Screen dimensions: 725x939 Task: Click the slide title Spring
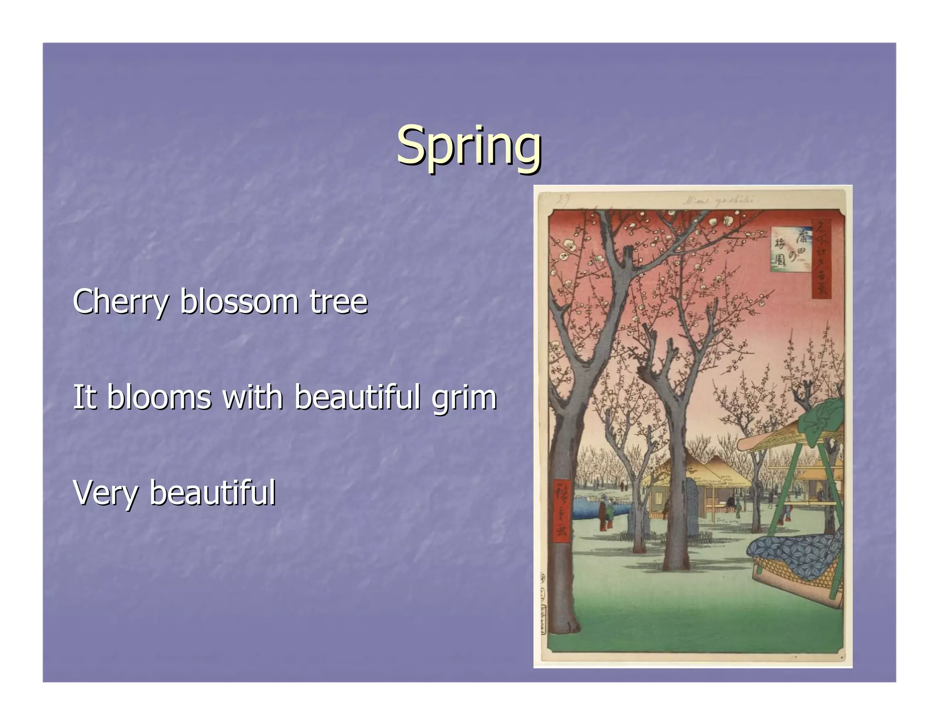coord(469,146)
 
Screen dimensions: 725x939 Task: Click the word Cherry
coord(121,302)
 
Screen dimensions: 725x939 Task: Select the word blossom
coord(239,302)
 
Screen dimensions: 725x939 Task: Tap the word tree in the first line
coord(338,302)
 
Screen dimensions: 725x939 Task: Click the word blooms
coord(159,397)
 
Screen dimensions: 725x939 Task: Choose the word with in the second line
coord(253,397)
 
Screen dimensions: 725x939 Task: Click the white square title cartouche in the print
coord(787,248)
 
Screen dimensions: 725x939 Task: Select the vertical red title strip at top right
coord(822,259)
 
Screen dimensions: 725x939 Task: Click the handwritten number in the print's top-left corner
coord(563,198)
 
